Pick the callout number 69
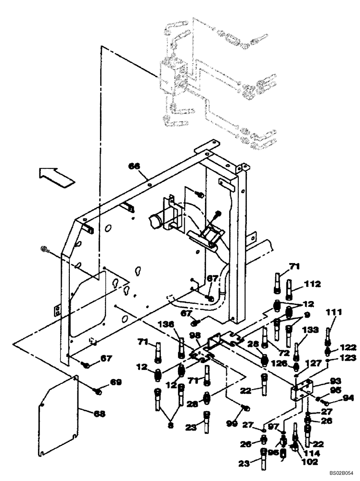pos(115,382)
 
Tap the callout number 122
pos(349,347)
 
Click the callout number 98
pos(195,335)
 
